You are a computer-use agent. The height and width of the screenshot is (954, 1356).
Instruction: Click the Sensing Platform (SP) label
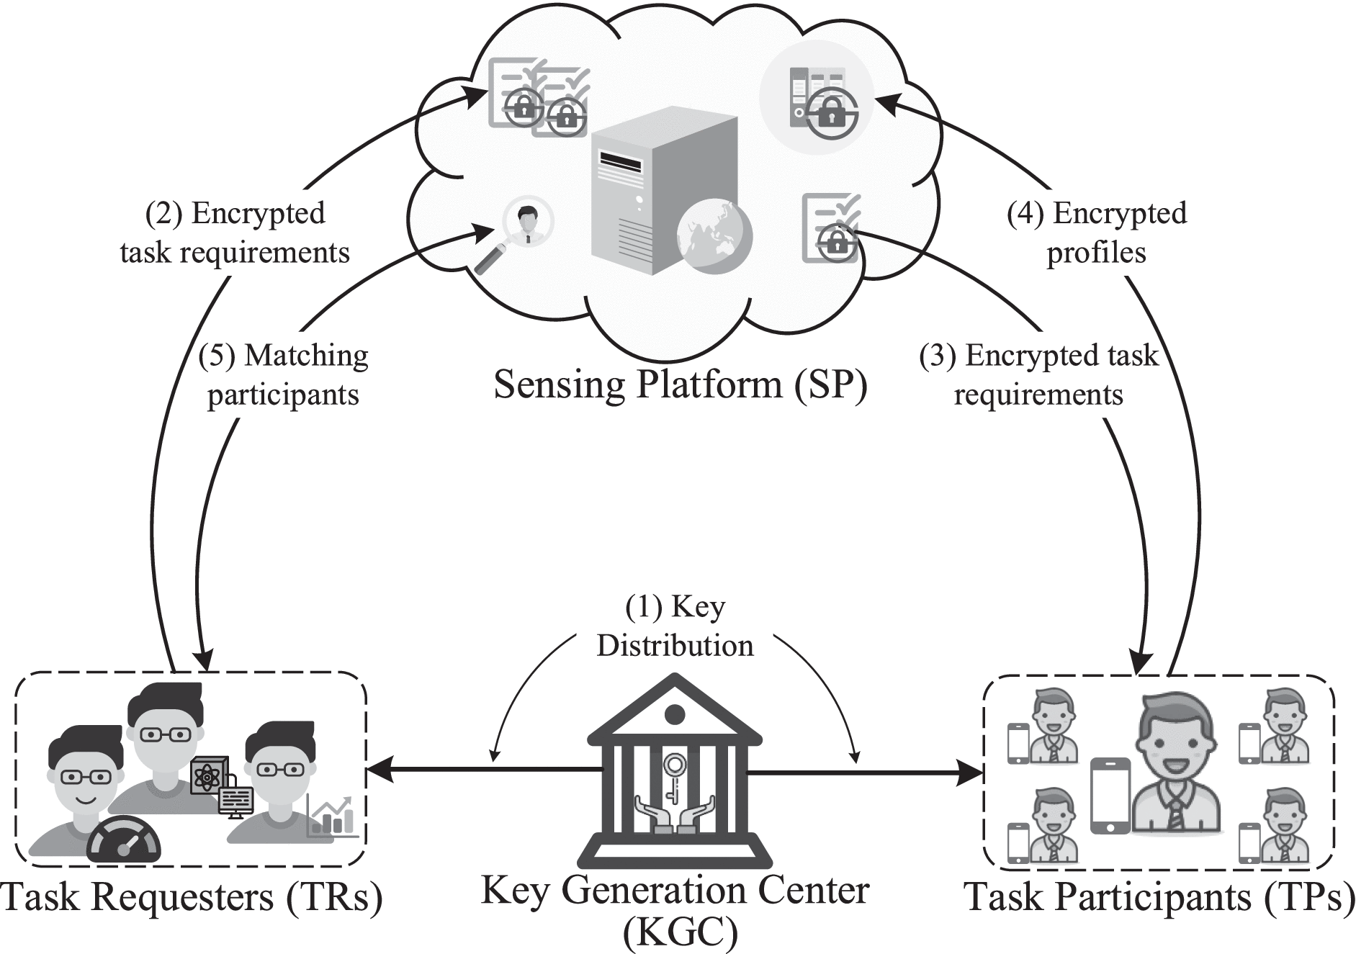(680, 384)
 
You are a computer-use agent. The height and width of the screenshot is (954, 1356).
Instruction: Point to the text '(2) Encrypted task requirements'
(235, 233)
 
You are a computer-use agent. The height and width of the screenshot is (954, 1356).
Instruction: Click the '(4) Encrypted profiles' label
(1096, 233)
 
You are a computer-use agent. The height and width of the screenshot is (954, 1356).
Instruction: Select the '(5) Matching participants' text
(283, 375)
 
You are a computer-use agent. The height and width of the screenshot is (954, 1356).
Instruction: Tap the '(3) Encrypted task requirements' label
(1038, 375)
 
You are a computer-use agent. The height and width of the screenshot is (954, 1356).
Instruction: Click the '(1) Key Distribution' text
(675, 626)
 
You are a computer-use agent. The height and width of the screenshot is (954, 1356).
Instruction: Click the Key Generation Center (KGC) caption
(675, 909)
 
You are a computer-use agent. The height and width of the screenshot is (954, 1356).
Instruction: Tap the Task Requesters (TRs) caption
(191, 897)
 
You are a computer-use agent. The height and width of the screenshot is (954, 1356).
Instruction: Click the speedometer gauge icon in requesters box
(124, 840)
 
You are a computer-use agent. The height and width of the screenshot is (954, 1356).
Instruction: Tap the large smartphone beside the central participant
(1110, 795)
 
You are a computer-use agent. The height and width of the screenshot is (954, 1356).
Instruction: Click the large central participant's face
(1175, 746)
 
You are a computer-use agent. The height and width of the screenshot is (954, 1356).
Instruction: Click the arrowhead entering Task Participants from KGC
(972, 774)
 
